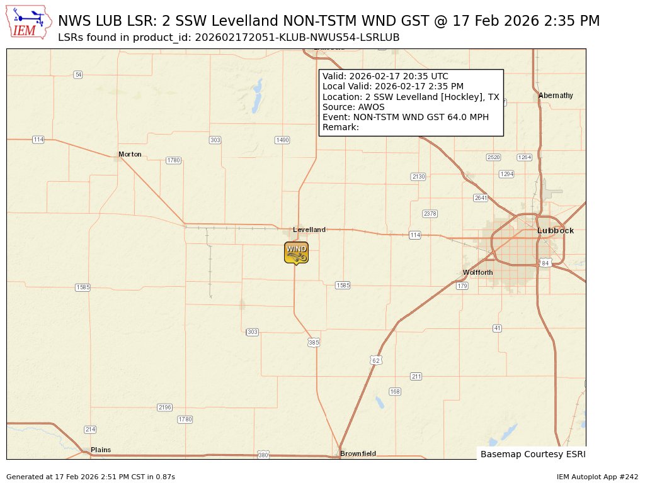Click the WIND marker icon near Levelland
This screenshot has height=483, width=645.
point(296,252)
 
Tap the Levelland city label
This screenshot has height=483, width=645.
point(309,230)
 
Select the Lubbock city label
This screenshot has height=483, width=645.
point(556,231)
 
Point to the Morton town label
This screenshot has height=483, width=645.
point(130,154)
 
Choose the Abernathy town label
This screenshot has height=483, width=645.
point(556,96)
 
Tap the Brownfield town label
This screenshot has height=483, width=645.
point(358,453)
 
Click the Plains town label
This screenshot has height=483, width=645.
point(101,450)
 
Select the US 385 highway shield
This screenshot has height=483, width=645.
point(314,343)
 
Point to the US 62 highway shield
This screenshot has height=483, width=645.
point(376,360)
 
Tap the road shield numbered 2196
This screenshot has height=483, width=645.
point(164,408)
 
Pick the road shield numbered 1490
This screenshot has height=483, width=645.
point(282,140)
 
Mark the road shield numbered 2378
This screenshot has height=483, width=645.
point(430,214)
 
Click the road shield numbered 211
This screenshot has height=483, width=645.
point(416,376)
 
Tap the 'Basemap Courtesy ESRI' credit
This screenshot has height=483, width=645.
point(532,453)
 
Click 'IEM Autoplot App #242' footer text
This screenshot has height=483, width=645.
point(597,477)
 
